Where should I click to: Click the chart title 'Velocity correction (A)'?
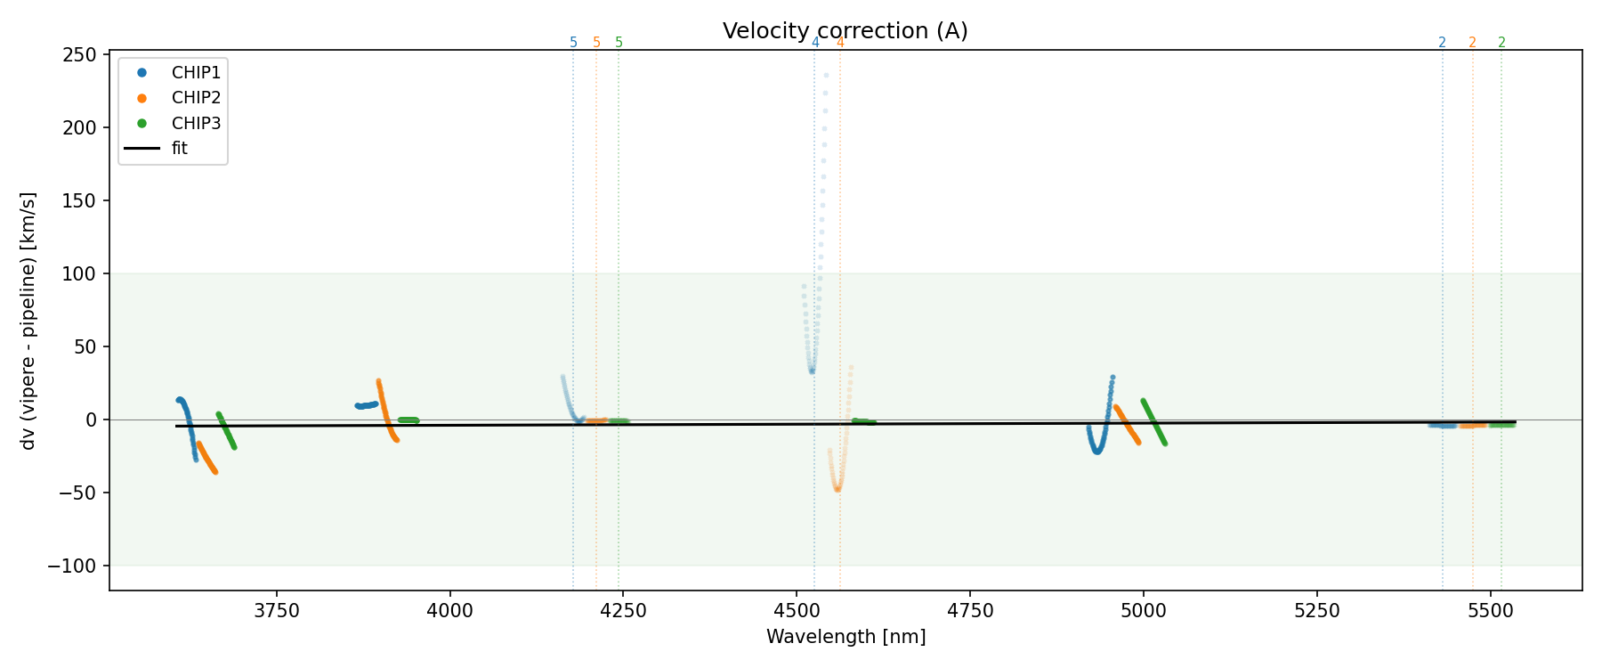click(845, 31)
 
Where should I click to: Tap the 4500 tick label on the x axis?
click(797, 610)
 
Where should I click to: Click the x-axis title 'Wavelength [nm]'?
click(845, 637)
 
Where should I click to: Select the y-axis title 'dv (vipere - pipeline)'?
click(28, 321)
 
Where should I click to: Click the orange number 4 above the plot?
click(840, 43)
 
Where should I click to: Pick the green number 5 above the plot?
click(619, 43)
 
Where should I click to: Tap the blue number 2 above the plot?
click(1442, 43)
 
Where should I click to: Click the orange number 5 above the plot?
click(596, 43)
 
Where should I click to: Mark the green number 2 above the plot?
click(1501, 43)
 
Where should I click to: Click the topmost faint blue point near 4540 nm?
click(826, 76)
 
